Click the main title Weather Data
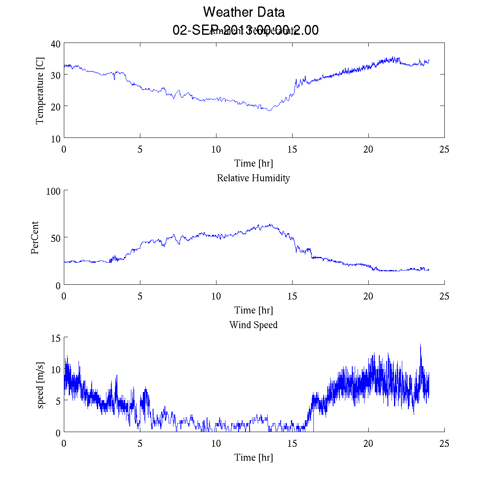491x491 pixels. point(244,12)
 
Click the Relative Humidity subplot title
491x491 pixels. point(253,178)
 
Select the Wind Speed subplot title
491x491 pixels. point(253,325)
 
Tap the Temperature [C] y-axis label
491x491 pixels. point(40,91)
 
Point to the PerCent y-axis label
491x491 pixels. point(35,238)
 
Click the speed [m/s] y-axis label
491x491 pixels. point(40,385)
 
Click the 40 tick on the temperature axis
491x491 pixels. point(56,44)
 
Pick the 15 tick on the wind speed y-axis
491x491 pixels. point(56,338)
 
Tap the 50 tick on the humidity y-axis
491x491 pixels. point(56,238)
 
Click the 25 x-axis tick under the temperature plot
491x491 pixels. point(444,149)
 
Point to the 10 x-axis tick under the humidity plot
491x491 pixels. point(216,296)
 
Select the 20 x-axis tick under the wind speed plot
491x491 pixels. point(368,444)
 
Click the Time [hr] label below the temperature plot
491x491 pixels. point(253,163)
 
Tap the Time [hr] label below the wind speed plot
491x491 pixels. point(253,457)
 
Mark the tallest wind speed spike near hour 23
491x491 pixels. point(420,345)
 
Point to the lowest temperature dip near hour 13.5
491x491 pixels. point(269,110)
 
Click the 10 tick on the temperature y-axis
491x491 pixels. point(56,138)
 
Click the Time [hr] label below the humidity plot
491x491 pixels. point(253,310)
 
